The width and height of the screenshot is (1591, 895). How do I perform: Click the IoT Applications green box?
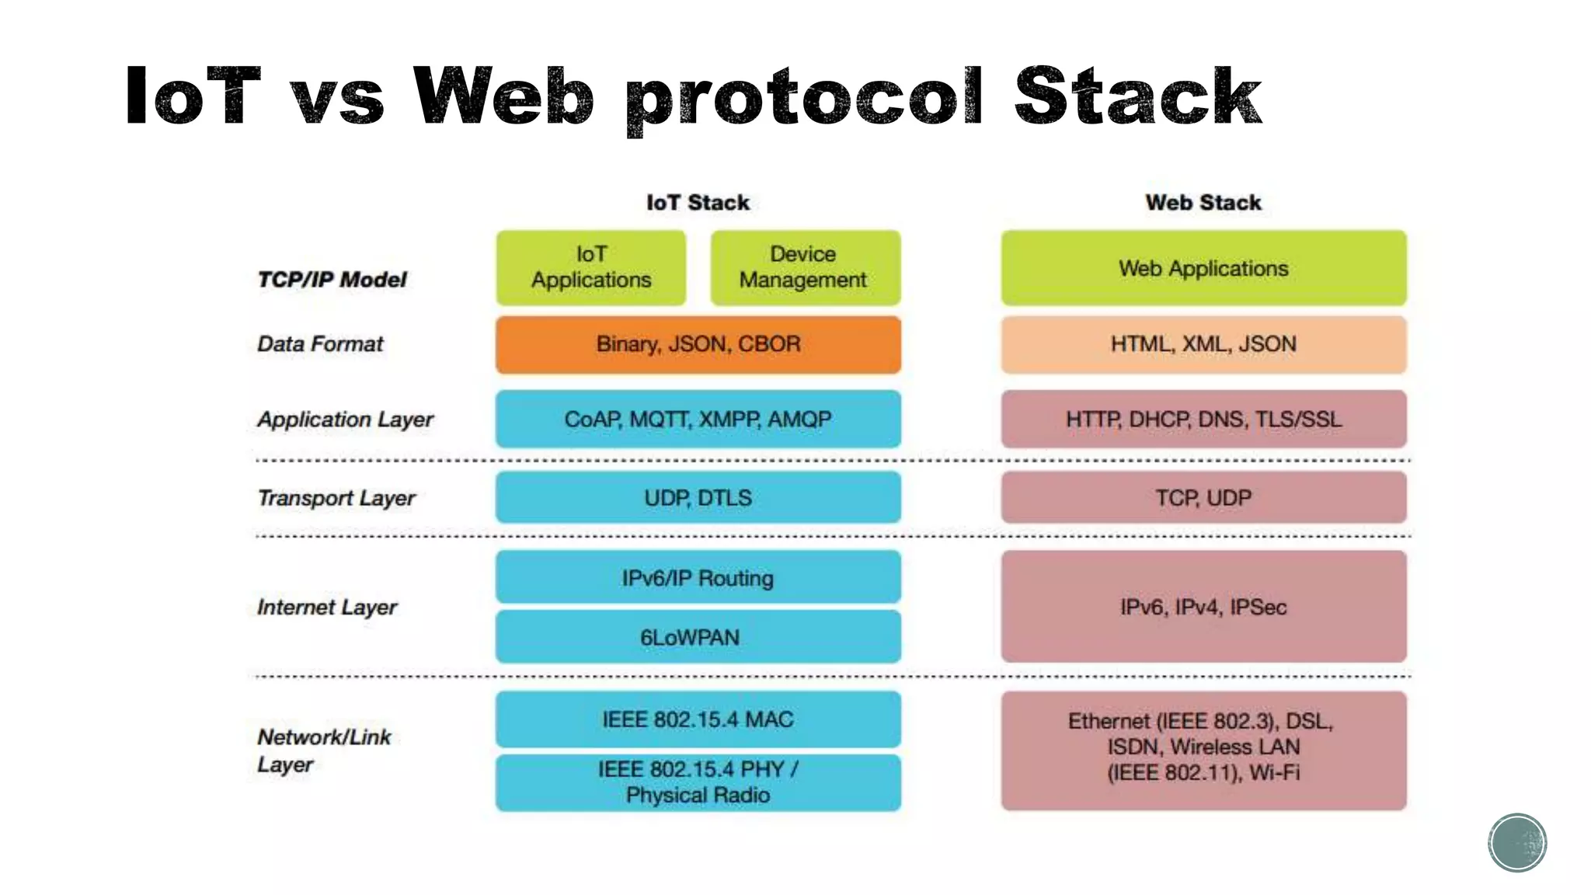tap(591, 267)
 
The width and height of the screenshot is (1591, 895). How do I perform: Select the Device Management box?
tap(805, 267)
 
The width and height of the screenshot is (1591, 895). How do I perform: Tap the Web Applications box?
tap(1203, 267)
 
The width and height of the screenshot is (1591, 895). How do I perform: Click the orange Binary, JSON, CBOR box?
tap(698, 344)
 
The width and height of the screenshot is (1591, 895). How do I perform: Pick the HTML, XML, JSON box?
tap(1203, 344)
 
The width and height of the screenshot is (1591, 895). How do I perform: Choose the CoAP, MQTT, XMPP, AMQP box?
tap(698, 419)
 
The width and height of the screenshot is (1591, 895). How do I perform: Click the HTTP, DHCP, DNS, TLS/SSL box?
tap(1203, 419)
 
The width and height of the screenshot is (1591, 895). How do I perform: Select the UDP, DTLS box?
tap(698, 497)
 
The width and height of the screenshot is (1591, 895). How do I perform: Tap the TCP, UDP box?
tap(1203, 497)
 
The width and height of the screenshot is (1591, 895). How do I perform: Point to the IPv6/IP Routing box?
tap(698, 577)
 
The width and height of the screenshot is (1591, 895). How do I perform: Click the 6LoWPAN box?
tap(698, 637)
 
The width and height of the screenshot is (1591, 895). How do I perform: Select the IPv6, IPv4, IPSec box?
tap(1203, 607)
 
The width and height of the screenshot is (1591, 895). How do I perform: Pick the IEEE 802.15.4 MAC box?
tap(698, 719)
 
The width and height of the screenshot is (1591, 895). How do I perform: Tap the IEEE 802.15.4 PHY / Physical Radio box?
tap(698, 782)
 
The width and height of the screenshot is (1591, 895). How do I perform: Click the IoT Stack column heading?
tap(698, 203)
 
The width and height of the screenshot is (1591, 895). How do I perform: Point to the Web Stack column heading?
tap(1203, 203)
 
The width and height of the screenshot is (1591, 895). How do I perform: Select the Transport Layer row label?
tap(336, 498)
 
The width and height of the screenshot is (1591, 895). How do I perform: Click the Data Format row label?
tap(320, 344)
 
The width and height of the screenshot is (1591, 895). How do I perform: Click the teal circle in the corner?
tap(1517, 843)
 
